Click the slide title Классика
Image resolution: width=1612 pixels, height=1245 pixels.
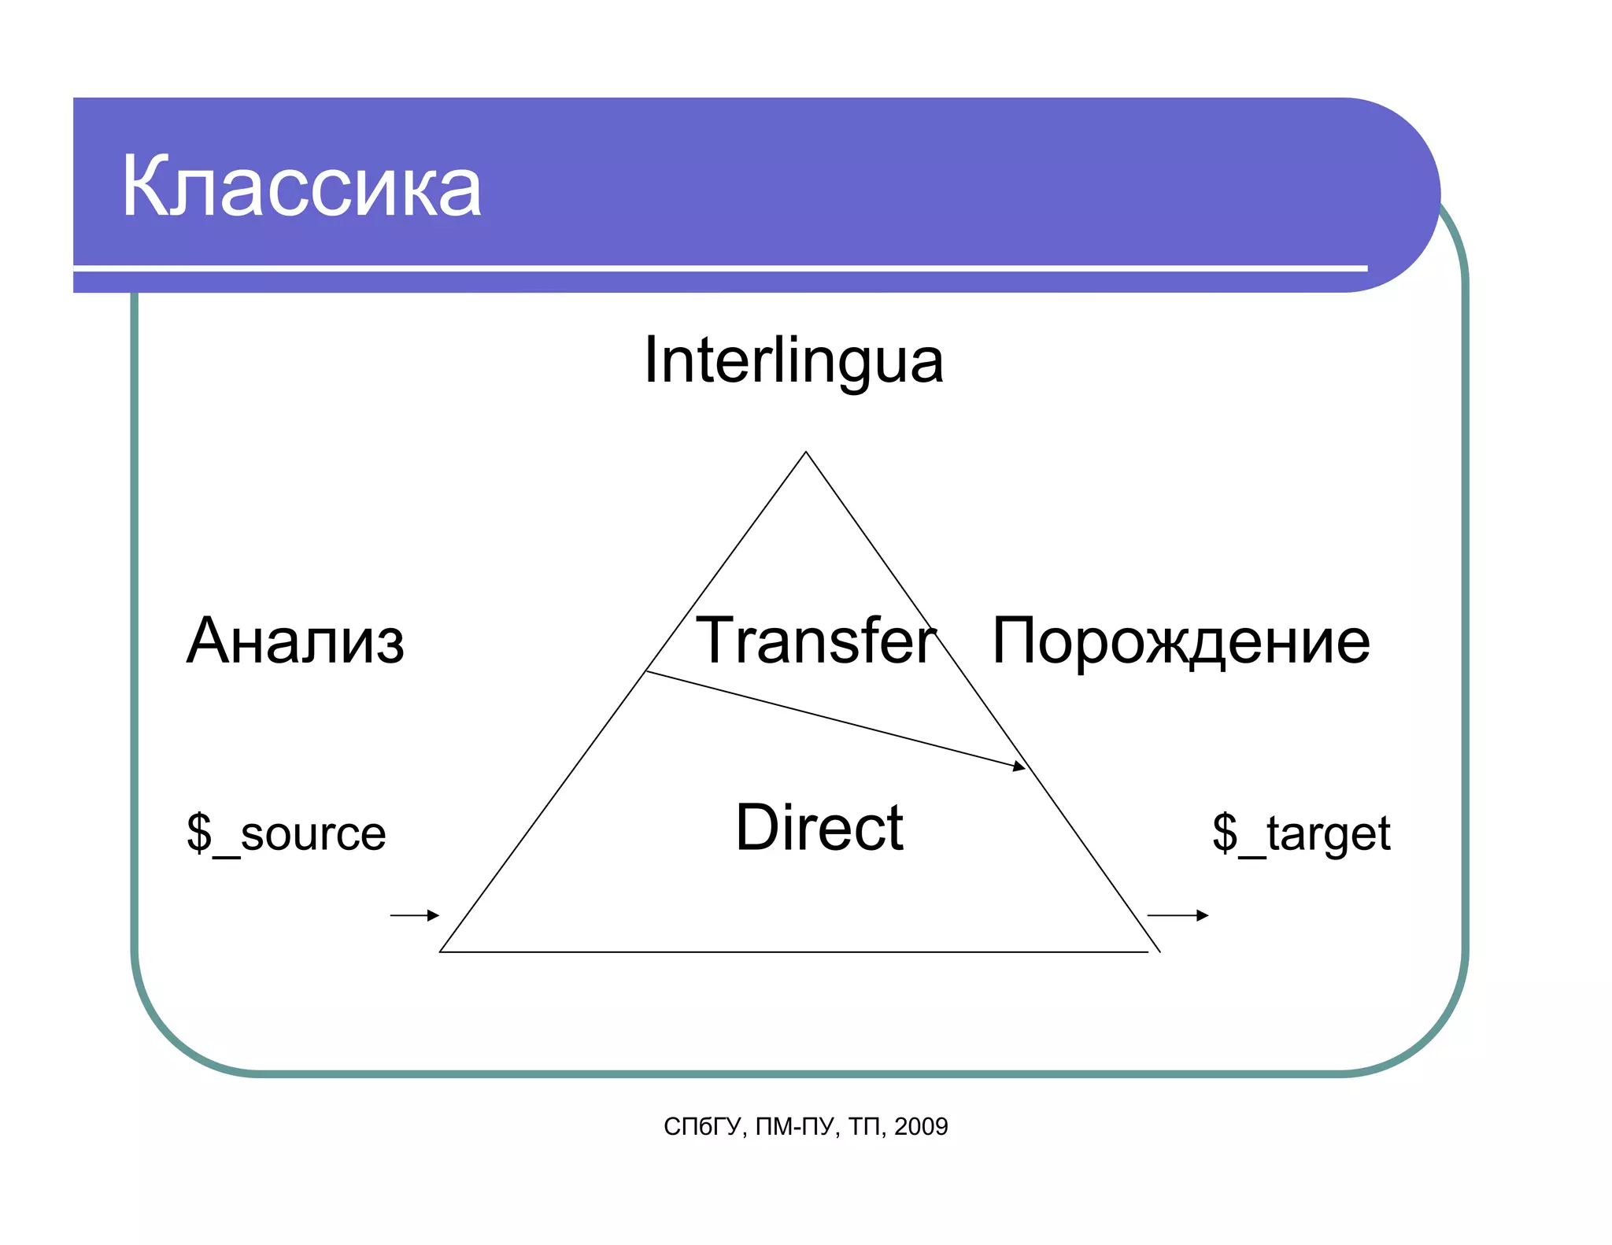[301, 187]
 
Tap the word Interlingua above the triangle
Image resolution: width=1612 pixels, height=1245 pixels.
[793, 360]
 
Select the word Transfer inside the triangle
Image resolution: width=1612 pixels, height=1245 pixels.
[816, 641]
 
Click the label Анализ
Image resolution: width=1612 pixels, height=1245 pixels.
[295, 641]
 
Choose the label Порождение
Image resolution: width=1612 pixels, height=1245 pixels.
[1181, 642]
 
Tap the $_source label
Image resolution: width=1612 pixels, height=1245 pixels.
[287, 833]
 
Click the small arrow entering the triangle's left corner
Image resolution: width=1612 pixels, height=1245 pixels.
[415, 915]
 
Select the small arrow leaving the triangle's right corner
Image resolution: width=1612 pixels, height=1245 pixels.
[1178, 915]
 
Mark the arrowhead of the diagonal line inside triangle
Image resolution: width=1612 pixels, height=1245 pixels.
[1020, 766]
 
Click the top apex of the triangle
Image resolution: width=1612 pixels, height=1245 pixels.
[806, 453]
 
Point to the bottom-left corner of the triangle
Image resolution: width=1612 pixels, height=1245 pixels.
[441, 951]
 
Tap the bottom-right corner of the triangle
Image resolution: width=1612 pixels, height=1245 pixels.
[1159, 951]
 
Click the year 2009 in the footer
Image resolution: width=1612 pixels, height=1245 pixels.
[921, 1127]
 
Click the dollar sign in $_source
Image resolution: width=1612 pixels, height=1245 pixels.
[199, 832]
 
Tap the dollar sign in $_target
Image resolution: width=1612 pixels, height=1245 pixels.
[1225, 832]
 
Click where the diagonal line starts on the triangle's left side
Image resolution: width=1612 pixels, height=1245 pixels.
[646, 671]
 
